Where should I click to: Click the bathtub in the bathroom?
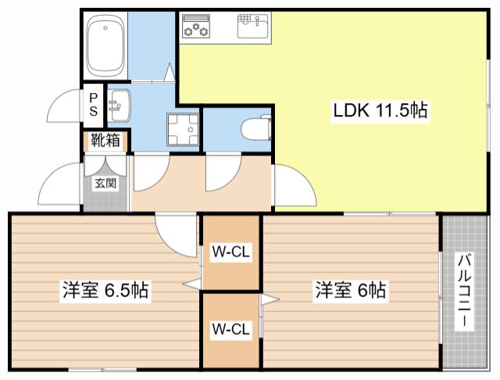click(105, 45)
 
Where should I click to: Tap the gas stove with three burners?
click(196, 26)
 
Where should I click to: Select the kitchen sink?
click(253, 26)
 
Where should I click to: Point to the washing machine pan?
click(182, 129)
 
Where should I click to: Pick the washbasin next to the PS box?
click(119, 105)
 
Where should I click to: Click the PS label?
click(94, 105)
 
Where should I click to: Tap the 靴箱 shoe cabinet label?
click(106, 140)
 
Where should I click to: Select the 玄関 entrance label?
click(105, 183)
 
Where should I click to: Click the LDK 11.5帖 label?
click(380, 110)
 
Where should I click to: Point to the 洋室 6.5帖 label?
click(105, 290)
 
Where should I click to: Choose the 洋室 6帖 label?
click(351, 290)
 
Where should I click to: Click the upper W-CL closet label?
click(231, 252)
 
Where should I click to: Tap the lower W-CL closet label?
click(231, 328)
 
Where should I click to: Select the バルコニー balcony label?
click(465, 290)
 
